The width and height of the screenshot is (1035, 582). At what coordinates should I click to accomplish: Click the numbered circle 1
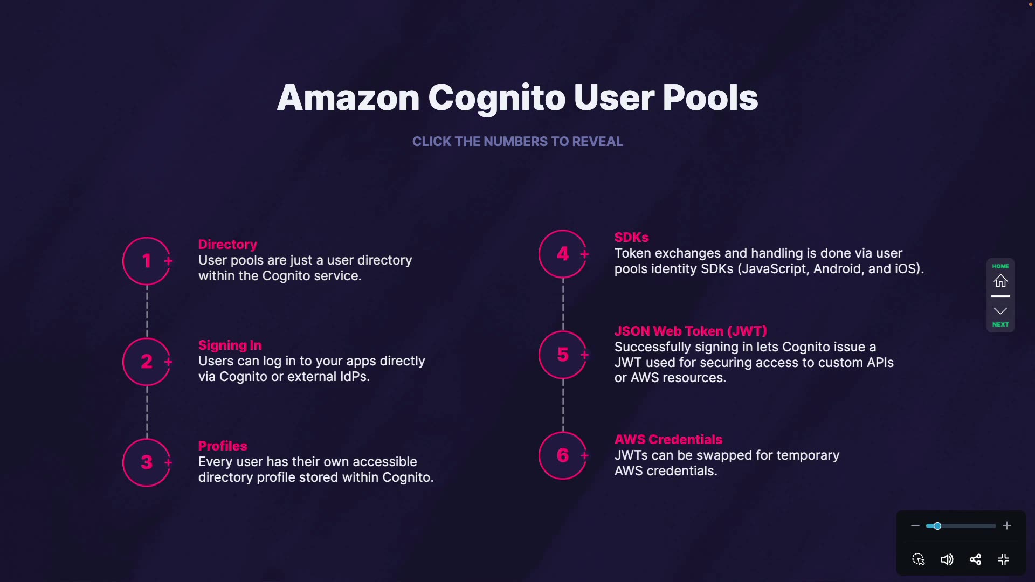point(147,261)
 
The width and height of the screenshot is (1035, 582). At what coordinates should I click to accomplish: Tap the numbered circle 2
point(147,362)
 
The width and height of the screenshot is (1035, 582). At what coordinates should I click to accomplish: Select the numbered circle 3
point(147,462)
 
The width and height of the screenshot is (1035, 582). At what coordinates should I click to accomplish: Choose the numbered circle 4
point(563,254)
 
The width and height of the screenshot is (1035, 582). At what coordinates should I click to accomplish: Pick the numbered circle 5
point(563,355)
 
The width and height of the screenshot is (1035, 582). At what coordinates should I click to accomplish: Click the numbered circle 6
point(563,455)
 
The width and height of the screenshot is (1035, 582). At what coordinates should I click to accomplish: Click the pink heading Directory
point(227,245)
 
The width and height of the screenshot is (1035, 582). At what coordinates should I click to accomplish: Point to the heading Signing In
point(230,345)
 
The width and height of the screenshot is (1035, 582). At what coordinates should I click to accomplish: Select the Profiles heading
point(223,446)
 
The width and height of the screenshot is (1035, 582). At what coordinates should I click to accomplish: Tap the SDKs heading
point(631,238)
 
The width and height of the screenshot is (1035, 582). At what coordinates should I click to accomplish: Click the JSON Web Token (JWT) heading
point(691,331)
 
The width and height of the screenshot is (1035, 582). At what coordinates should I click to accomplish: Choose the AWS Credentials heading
point(668,440)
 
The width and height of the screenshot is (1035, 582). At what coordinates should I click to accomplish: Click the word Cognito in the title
point(496,98)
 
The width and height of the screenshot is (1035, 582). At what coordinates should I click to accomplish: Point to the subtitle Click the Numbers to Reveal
point(517,142)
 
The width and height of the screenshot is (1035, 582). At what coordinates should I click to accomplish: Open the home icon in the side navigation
point(1000,281)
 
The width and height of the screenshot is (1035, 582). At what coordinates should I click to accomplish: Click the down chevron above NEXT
point(1000,311)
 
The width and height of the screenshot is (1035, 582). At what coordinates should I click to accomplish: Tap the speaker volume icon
point(947,559)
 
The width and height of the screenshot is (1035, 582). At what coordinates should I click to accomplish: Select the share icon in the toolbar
point(975,559)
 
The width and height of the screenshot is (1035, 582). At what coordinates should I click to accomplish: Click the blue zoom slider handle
point(937,526)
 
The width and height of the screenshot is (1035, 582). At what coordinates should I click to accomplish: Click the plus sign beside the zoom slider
point(1007,526)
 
